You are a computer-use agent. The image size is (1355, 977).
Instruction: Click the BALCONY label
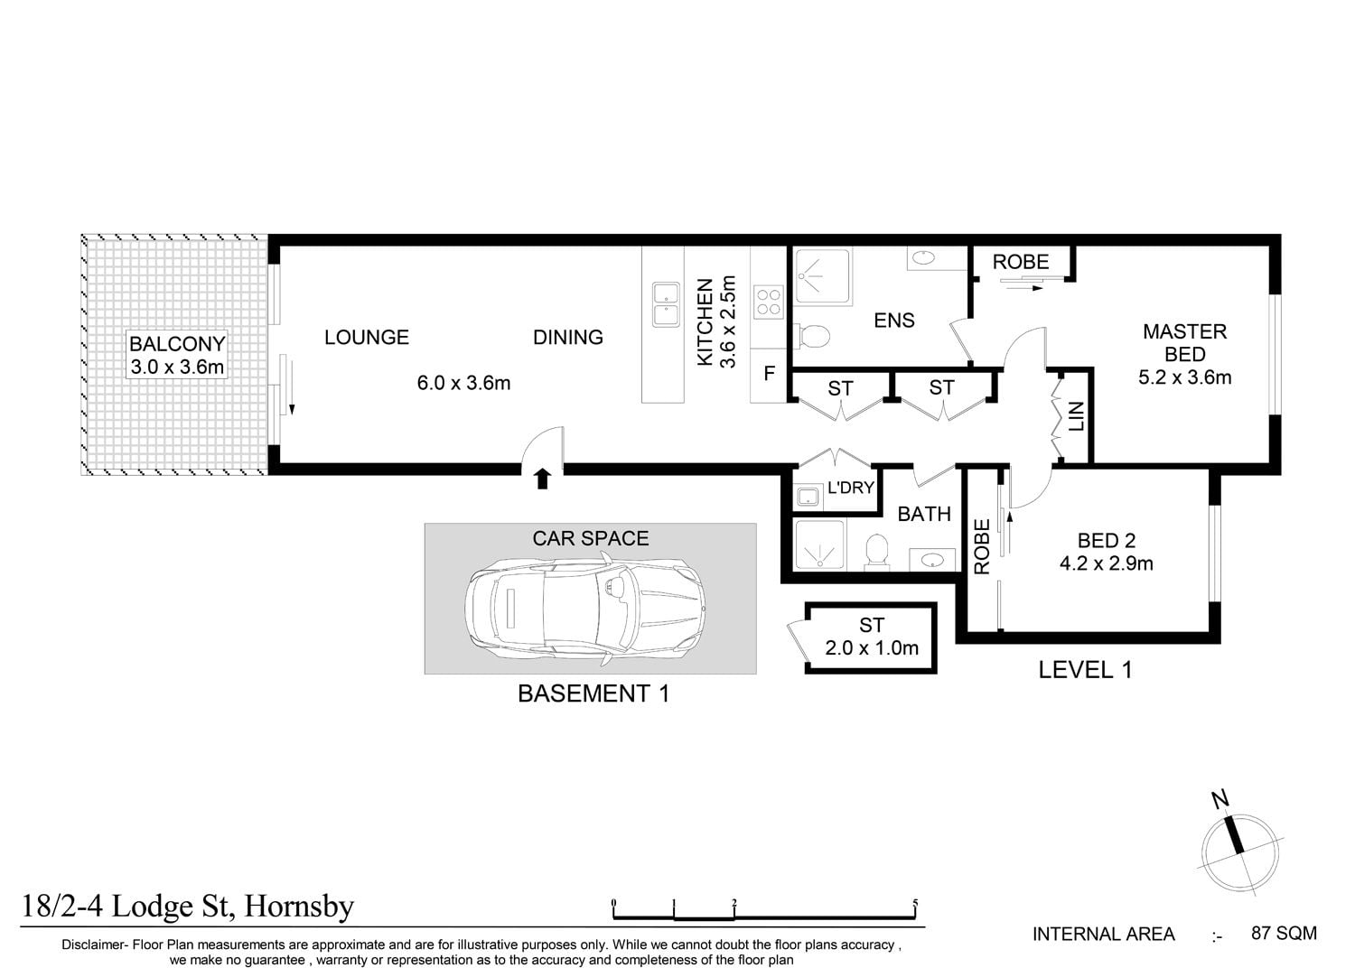(x=177, y=344)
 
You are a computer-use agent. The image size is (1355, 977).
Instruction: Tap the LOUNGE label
(x=367, y=338)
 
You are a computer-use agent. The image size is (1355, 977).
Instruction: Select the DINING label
(x=568, y=338)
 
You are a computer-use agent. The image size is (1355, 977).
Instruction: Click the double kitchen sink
(x=666, y=304)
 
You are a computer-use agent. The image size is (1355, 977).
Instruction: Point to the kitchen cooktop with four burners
(x=768, y=302)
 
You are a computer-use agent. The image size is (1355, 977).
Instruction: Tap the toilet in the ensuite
(x=812, y=336)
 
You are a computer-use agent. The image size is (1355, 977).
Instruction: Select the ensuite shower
(x=823, y=275)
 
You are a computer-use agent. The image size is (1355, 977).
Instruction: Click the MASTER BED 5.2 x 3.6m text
(x=1185, y=354)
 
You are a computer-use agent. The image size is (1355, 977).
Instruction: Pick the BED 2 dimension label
(x=1107, y=563)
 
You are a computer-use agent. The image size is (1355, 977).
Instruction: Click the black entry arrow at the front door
(x=543, y=479)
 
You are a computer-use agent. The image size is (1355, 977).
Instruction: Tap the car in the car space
(x=585, y=605)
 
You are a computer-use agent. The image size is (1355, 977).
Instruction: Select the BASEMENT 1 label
(x=593, y=693)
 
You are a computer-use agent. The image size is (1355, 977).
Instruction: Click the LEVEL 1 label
(x=1085, y=670)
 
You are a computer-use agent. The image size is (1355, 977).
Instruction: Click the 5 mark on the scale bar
(x=915, y=904)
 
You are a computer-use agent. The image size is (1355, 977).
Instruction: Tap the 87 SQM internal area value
(x=1284, y=934)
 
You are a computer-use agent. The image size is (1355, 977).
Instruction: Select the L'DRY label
(x=851, y=488)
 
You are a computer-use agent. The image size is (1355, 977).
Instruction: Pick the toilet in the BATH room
(x=876, y=552)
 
